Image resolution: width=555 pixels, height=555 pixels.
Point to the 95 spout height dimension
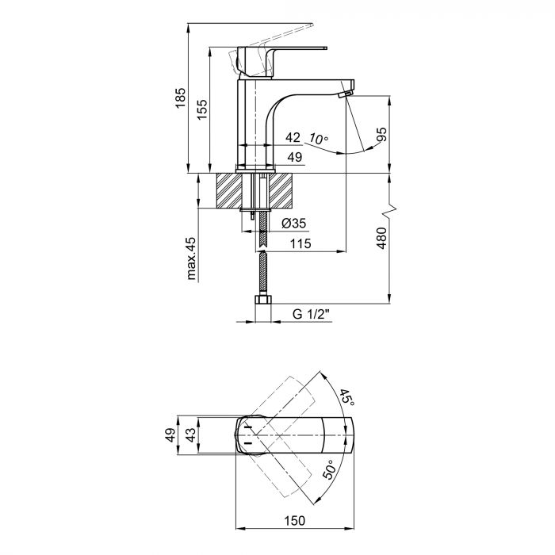pyautogui.click(x=382, y=136)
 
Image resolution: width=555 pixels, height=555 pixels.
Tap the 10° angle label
pyautogui.click(x=319, y=140)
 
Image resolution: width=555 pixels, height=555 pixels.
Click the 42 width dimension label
pyautogui.click(x=293, y=138)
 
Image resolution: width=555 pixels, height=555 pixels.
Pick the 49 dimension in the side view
pyautogui.click(x=294, y=159)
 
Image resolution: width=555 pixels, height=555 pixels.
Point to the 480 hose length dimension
pyautogui.click(x=381, y=238)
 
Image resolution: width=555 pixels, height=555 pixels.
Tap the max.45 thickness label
pyautogui.click(x=191, y=258)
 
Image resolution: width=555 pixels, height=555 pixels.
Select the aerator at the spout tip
pyautogui.click(x=343, y=95)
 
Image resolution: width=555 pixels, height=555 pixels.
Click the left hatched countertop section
pyautogui.click(x=231, y=190)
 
